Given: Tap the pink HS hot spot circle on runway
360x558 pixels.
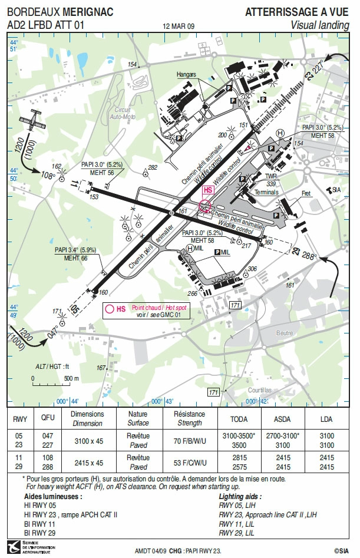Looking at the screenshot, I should coord(204,206).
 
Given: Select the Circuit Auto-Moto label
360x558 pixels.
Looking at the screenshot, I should coord(123,113).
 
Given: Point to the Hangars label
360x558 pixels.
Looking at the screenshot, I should coord(186,75).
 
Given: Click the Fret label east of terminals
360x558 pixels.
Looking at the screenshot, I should coord(306,193).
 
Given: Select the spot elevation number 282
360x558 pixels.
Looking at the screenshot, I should coord(153,167).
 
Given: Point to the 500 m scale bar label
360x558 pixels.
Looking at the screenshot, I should coord(72,378).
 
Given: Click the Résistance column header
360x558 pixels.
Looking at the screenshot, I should coord(190,418).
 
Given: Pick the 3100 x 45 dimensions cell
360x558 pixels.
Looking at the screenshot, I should coord(87,441).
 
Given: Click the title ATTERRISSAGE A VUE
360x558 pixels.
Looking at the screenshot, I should coord(297,12).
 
